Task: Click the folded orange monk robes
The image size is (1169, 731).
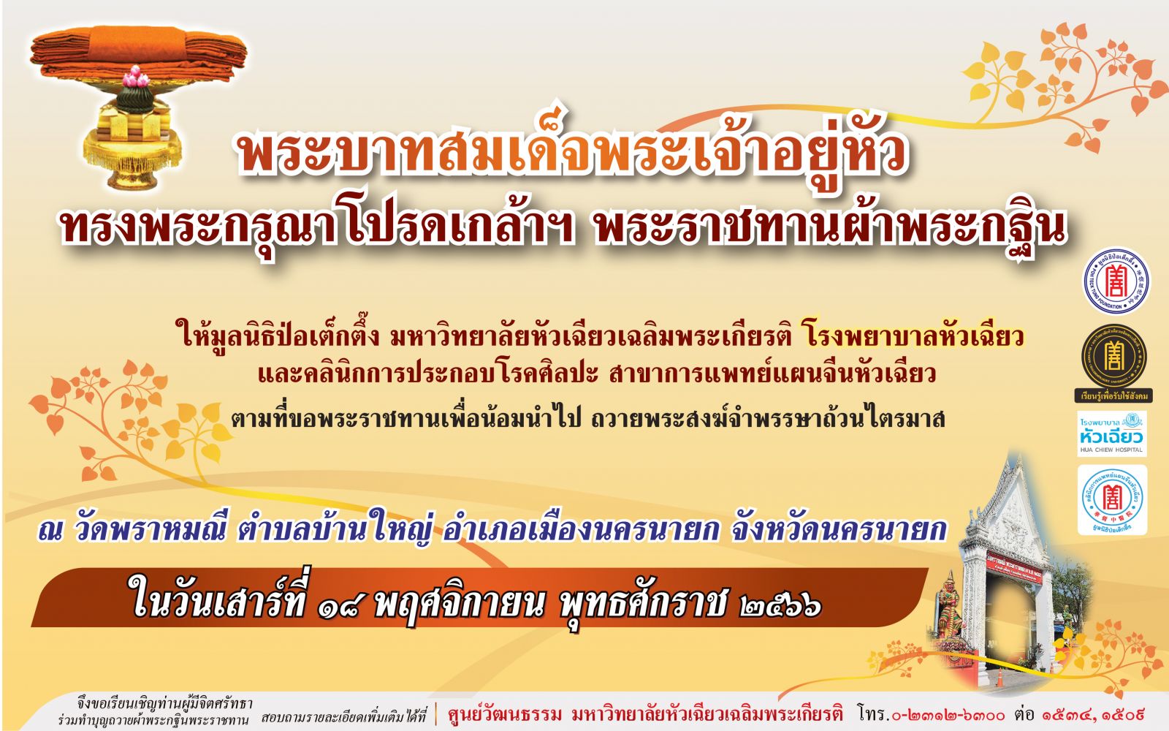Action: (x=138, y=52)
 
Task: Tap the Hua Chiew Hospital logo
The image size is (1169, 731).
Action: (x=1112, y=433)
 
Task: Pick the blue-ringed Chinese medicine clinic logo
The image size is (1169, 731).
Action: (x=1112, y=500)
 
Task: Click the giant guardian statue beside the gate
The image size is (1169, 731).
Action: (x=950, y=611)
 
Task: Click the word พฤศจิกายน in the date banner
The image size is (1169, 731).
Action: (x=460, y=605)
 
